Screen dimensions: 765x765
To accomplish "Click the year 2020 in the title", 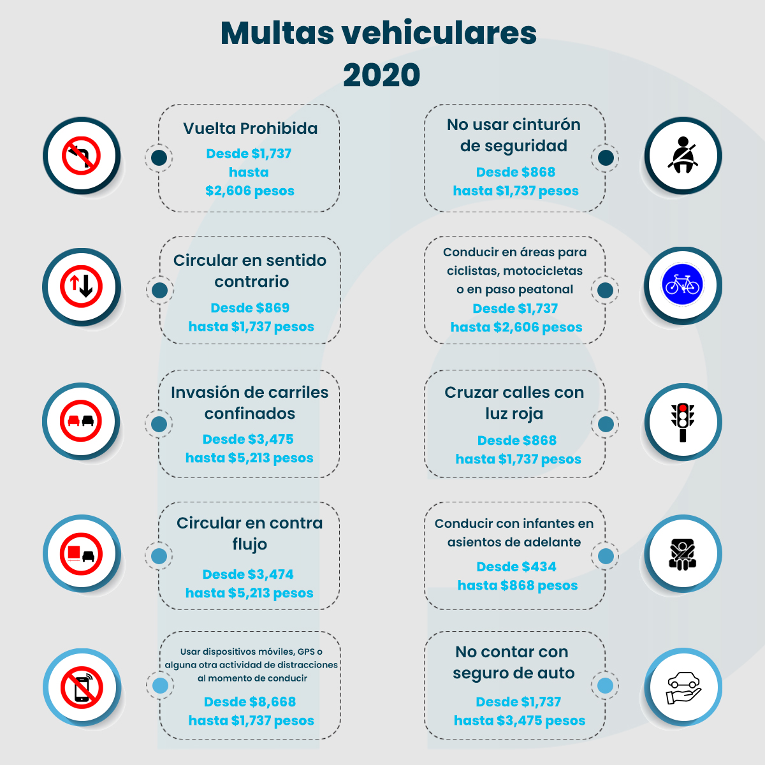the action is pos(381,75).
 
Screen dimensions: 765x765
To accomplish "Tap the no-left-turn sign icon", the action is pos(82,156).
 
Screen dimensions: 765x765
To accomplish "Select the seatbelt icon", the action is pos(683,155).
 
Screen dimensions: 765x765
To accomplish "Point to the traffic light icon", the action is pos(683,422).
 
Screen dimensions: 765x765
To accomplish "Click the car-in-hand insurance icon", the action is pos(683,687).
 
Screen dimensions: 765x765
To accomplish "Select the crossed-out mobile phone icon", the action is pos(82,687).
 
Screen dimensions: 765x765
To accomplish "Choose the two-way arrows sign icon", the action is pos(82,287).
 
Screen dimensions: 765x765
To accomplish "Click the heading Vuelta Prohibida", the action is pos(250,128).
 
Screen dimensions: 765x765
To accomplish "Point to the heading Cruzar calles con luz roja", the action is pos(514,403).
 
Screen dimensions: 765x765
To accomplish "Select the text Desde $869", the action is pos(250,308).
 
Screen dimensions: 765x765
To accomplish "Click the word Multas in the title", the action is pos(277,33).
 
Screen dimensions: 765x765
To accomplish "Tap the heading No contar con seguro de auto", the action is pos(513,662).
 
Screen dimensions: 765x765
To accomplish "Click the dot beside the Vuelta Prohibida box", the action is pos(159,157).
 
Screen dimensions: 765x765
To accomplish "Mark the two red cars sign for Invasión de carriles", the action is pos(82,421).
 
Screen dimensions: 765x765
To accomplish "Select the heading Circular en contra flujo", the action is pos(250,534).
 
